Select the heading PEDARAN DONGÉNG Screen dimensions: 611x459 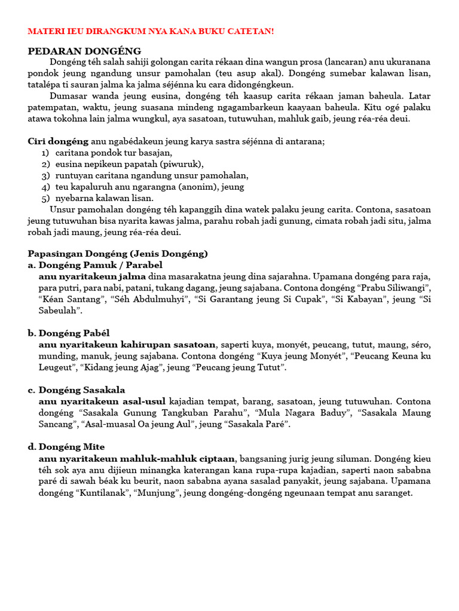click(84, 51)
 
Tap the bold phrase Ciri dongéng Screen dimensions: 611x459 click(58, 141)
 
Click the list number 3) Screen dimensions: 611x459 click(45, 175)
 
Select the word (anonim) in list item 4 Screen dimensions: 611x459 click(202, 187)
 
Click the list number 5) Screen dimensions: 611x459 click(45, 198)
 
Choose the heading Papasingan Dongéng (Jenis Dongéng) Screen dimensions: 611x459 click(118, 254)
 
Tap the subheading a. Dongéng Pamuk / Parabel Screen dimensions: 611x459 click(95, 265)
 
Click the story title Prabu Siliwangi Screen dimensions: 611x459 click(392, 288)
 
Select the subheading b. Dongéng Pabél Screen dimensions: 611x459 click(69, 333)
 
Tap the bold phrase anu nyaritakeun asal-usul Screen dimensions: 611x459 click(102, 402)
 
